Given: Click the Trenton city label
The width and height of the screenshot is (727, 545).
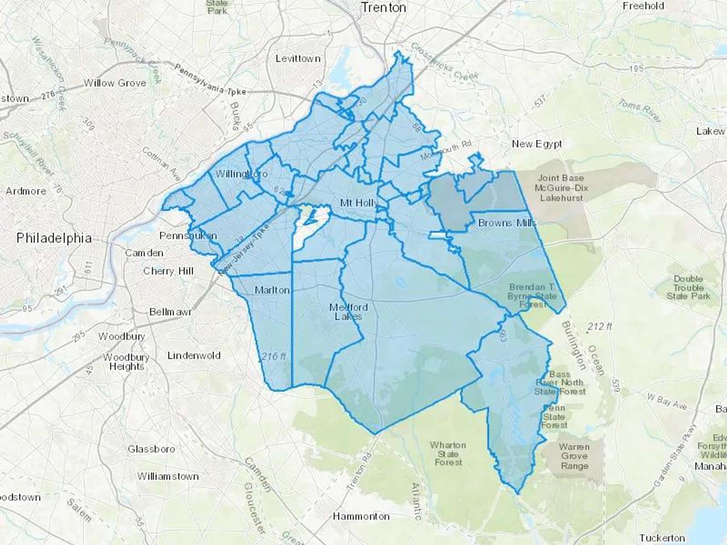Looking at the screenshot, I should click(383, 8).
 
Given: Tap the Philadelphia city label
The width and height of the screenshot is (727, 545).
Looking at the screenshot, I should click(54, 238).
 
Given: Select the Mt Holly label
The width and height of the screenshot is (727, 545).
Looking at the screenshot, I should click(359, 203).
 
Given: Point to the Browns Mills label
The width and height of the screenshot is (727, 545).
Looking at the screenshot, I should click(507, 223).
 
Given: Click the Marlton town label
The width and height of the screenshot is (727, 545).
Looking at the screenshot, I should click(272, 290).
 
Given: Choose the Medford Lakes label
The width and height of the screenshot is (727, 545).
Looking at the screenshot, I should click(348, 312).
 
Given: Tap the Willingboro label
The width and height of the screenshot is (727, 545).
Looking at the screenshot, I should click(241, 174).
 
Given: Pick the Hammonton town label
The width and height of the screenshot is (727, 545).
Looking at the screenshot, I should click(361, 516).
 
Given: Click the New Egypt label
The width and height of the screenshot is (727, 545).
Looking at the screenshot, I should click(537, 144).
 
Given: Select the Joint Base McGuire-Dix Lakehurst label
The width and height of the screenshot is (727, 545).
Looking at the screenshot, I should click(561, 188).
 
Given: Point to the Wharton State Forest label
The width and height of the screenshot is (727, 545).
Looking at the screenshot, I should click(448, 453).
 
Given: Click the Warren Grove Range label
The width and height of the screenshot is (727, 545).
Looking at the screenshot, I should click(574, 456).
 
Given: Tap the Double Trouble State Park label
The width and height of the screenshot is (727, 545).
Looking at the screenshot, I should click(688, 287).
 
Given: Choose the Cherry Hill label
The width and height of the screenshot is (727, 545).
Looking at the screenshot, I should click(168, 271).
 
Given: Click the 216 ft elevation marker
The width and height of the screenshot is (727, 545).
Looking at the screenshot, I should click(273, 356).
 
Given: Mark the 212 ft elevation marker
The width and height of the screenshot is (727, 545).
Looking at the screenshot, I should click(600, 326).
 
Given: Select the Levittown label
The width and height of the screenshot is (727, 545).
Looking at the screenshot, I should click(298, 59).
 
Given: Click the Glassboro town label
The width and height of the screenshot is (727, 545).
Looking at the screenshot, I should click(151, 449).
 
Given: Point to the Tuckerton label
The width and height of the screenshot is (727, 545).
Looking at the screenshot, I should click(662, 538).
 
